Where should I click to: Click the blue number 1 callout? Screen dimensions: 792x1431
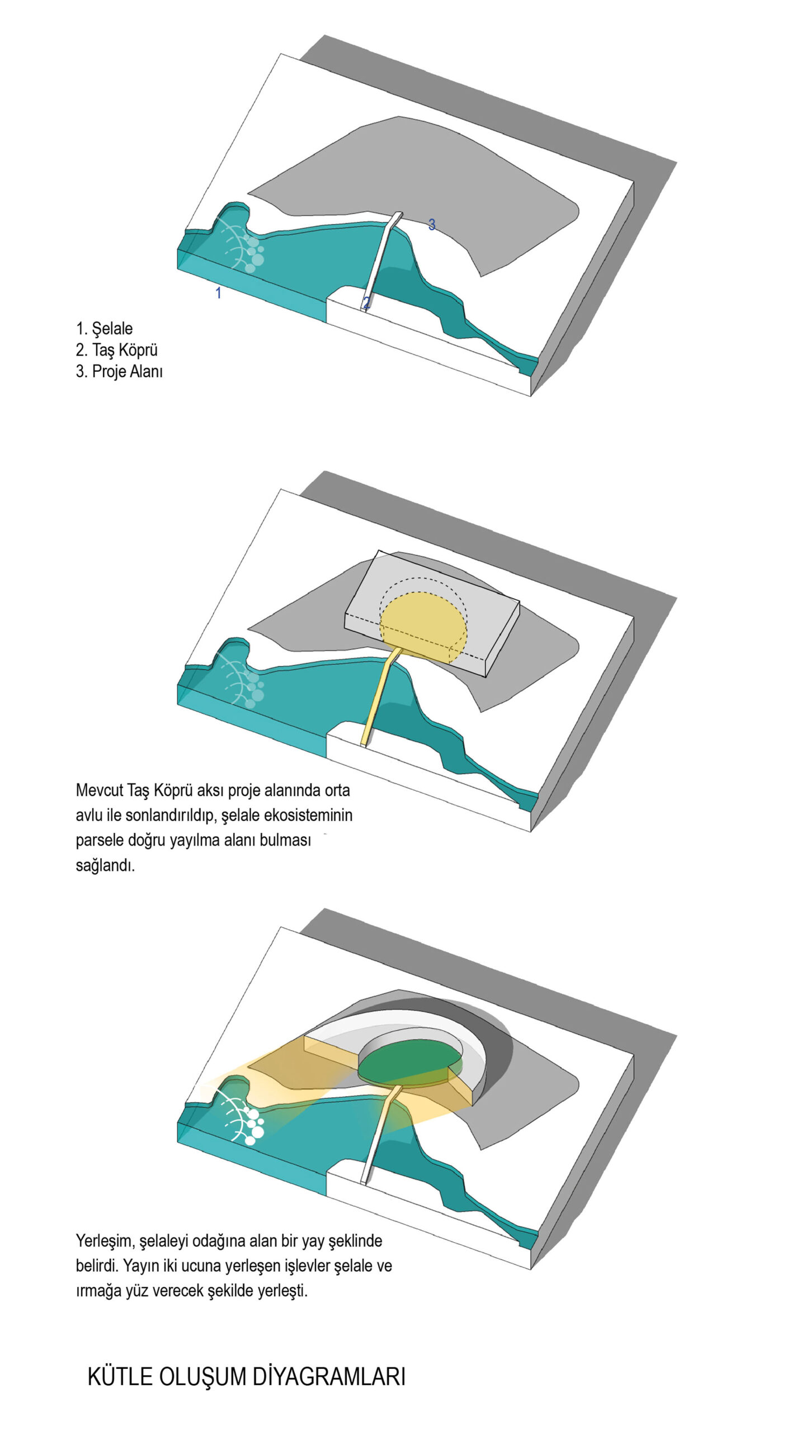[218, 292]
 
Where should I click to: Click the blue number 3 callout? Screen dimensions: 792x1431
[431, 224]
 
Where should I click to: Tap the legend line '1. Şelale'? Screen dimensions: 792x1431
[104, 328]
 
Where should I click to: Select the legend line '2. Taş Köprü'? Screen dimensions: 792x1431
[116, 350]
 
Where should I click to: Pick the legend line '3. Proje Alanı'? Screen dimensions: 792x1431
[119, 371]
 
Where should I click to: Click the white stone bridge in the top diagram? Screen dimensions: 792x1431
[381, 262]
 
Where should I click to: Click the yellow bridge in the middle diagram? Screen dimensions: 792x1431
[381, 696]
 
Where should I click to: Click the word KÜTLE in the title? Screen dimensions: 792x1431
[120, 1377]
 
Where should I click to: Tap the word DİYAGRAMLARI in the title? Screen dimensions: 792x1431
[329, 1377]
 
